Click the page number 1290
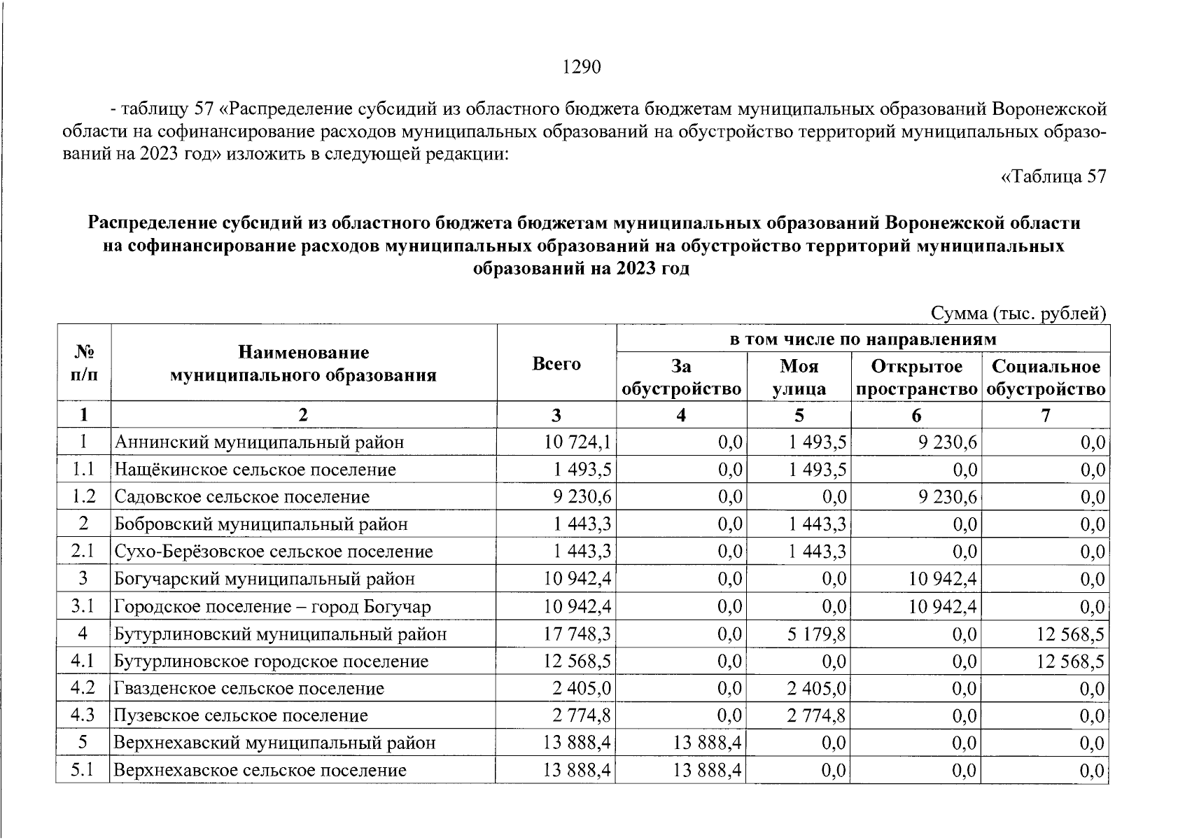point(582,67)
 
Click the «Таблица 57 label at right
point(1053,177)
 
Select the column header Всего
point(556,364)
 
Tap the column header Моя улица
point(799,378)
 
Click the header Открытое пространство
point(916,378)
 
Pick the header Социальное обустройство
point(1046,378)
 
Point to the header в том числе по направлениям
point(862,339)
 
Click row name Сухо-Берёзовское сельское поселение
point(274,552)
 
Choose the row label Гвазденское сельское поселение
point(249,689)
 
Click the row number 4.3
point(83,715)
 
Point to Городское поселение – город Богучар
point(272,607)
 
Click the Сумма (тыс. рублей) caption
point(1018,314)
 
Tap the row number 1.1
point(83,469)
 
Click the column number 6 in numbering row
point(916,416)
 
